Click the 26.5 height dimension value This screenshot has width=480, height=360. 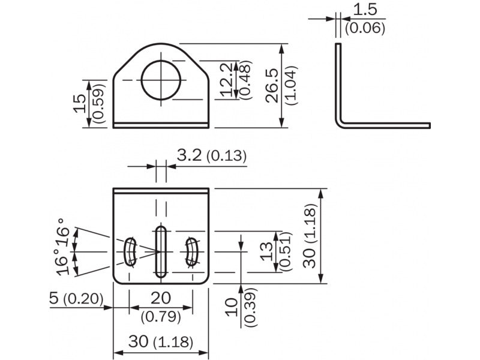(x=272, y=86)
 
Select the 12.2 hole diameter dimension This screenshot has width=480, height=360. (x=227, y=80)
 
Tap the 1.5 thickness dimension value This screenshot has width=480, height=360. (x=365, y=10)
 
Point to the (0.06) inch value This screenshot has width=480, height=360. (x=365, y=28)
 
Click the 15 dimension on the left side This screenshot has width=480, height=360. (x=80, y=103)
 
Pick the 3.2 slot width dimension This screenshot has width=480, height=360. (x=189, y=155)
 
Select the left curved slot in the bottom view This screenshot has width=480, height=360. (x=130, y=251)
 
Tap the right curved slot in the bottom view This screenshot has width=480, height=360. (x=192, y=251)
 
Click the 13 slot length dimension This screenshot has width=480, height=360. (x=267, y=251)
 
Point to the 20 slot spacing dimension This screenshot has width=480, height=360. (x=161, y=298)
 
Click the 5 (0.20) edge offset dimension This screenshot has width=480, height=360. (x=76, y=298)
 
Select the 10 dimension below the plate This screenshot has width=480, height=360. (x=232, y=307)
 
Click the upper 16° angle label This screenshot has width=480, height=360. (x=64, y=232)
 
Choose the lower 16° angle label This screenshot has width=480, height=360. (x=64, y=262)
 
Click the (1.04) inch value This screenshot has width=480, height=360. (x=291, y=86)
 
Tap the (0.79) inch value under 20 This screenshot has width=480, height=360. (x=161, y=317)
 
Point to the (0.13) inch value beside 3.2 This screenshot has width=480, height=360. (x=226, y=156)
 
